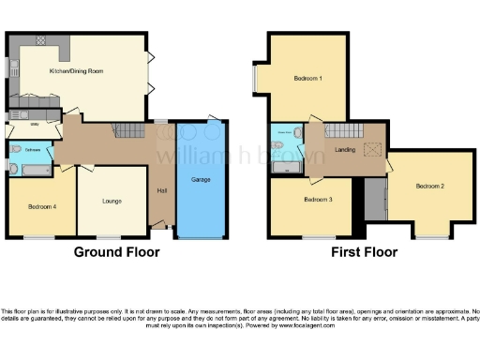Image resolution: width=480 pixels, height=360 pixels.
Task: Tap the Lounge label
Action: click(x=112, y=200)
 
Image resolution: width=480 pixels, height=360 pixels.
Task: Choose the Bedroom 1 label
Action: click(x=308, y=79)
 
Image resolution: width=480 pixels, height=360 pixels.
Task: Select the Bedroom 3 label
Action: click(x=318, y=200)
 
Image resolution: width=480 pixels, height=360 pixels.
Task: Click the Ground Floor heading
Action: click(x=117, y=252)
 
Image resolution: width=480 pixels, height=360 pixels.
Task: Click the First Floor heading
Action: click(x=364, y=252)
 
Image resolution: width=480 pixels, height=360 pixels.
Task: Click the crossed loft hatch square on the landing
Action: click(x=373, y=149)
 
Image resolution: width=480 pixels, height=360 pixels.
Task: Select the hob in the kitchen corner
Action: click(x=42, y=40)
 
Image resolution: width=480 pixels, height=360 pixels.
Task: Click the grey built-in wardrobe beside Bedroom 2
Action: click(x=377, y=200)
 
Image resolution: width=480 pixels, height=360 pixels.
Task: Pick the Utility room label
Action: click(x=33, y=124)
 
